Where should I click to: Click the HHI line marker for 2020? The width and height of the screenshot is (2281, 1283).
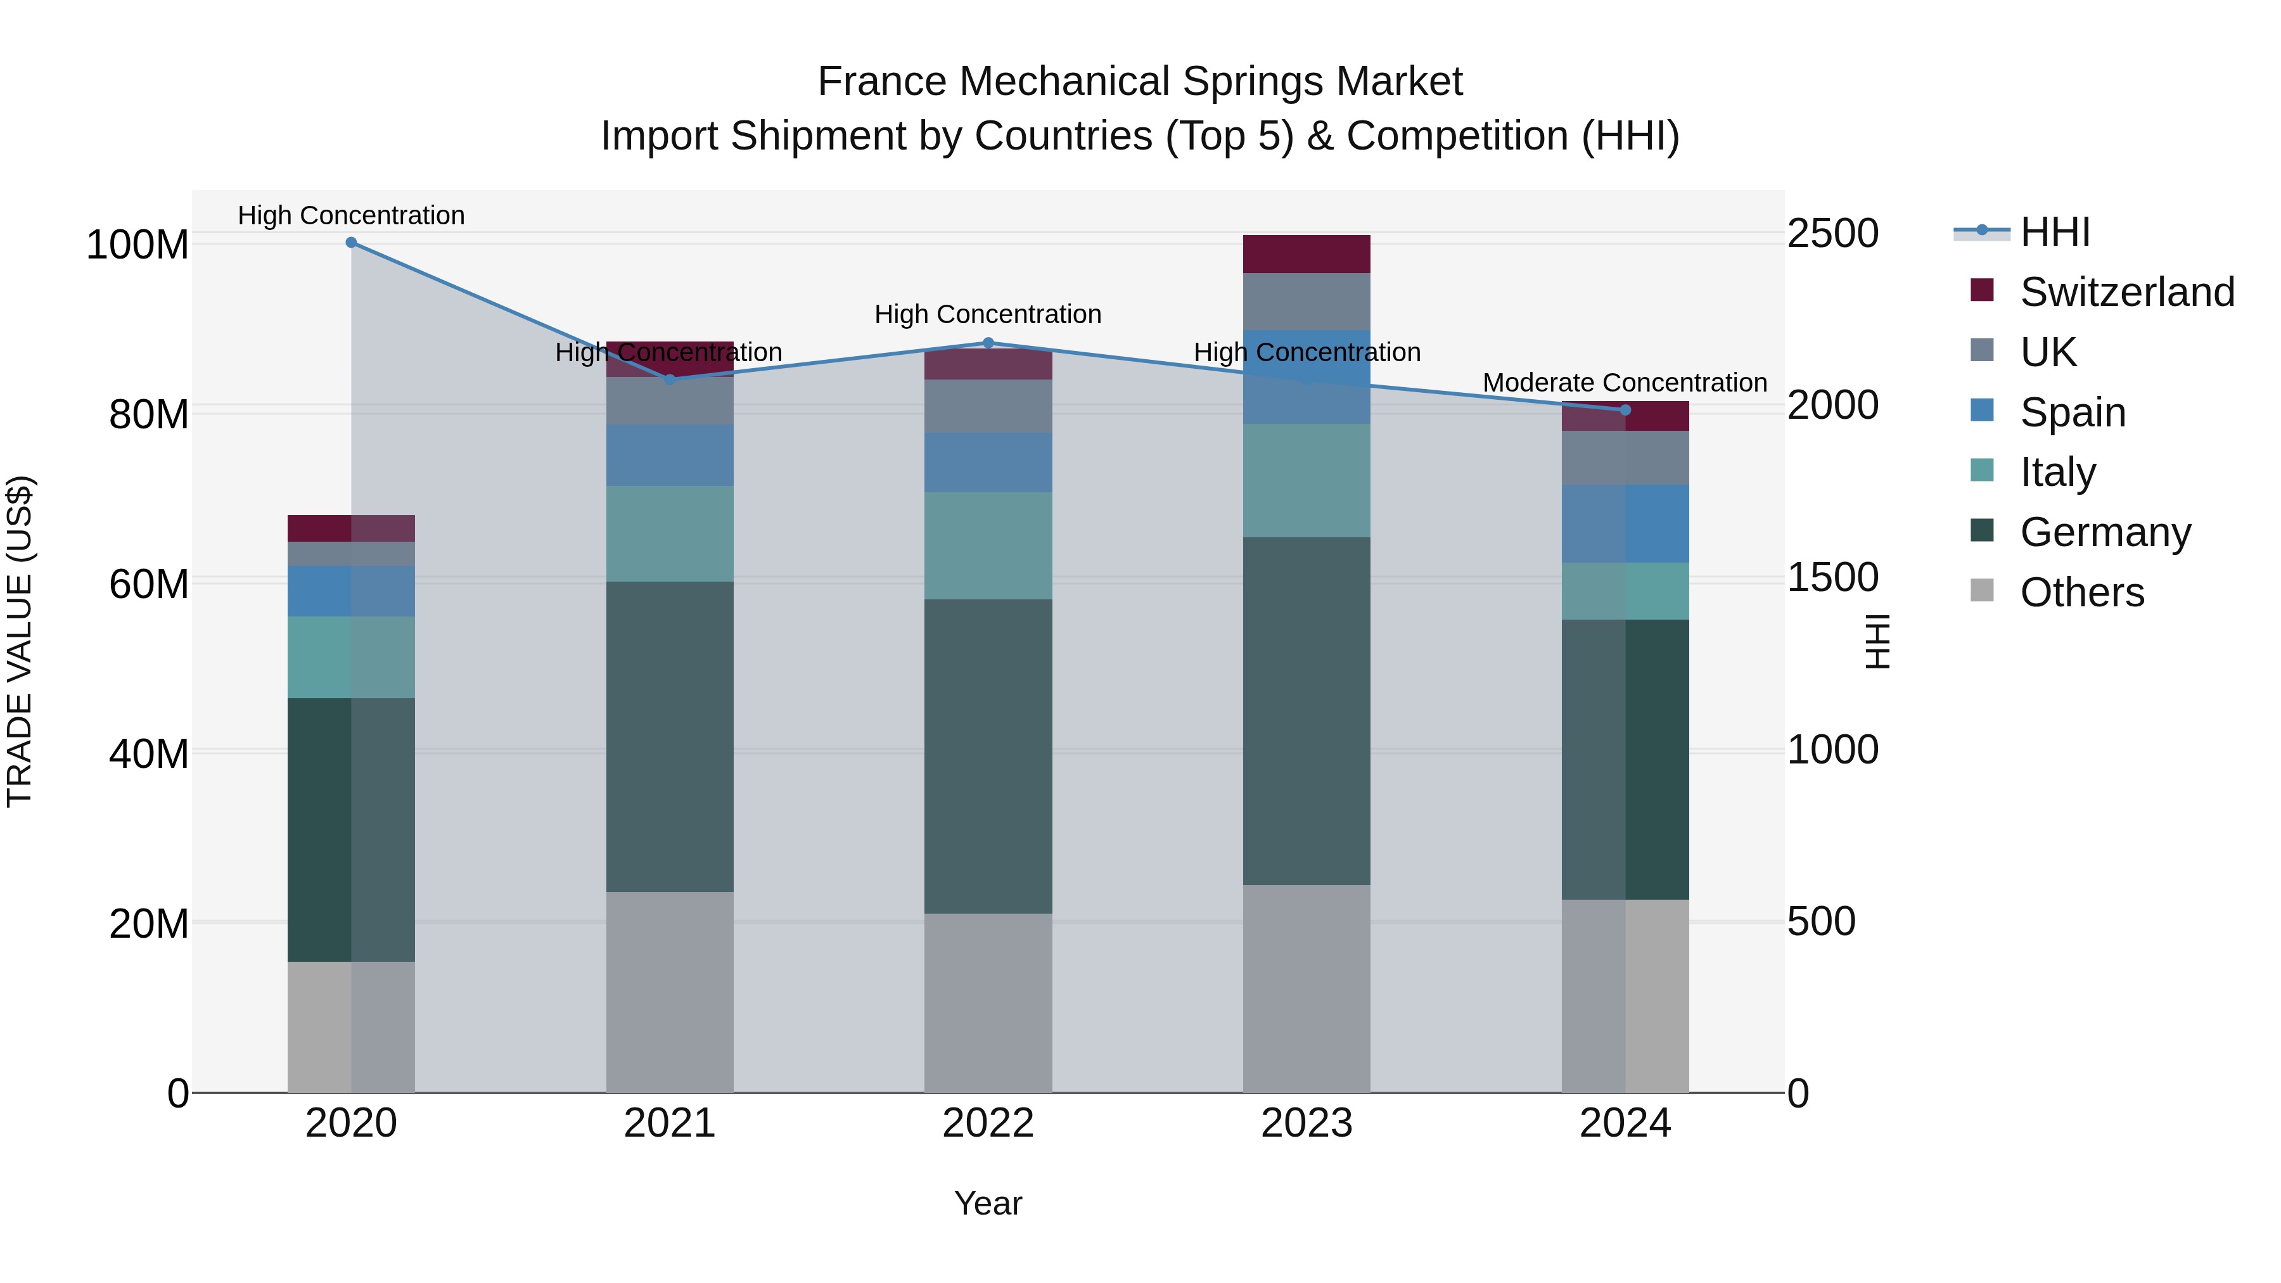pyautogui.click(x=352, y=243)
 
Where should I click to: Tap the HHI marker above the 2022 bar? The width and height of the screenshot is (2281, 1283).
pyautogui.click(x=988, y=343)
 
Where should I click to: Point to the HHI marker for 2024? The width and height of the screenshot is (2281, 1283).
pyautogui.click(x=1625, y=410)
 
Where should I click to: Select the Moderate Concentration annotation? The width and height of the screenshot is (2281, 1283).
pyautogui.click(x=1624, y=383)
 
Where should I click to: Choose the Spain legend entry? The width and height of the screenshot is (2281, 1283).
pyautogui.click(x=2072, y=412)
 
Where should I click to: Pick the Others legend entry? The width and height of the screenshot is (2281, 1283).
pyautogui.click(x=2081, y=592)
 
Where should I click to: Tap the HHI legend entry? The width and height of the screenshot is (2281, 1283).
pyautogui.click(x=2054, y=232)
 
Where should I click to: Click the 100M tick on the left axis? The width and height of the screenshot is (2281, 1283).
pyautogui.click(x=137, y=245)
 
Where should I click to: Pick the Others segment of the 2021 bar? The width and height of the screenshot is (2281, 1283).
pyautogui.click(x=670, y=992)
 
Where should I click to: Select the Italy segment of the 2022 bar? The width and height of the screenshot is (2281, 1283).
pyautogui.click(x=988, y=546)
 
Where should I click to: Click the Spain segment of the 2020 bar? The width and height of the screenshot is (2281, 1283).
pyautogui.click(x=352, y=590)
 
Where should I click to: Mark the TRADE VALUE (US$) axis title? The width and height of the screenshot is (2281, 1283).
pyautogui.click(x=20, y=641)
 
